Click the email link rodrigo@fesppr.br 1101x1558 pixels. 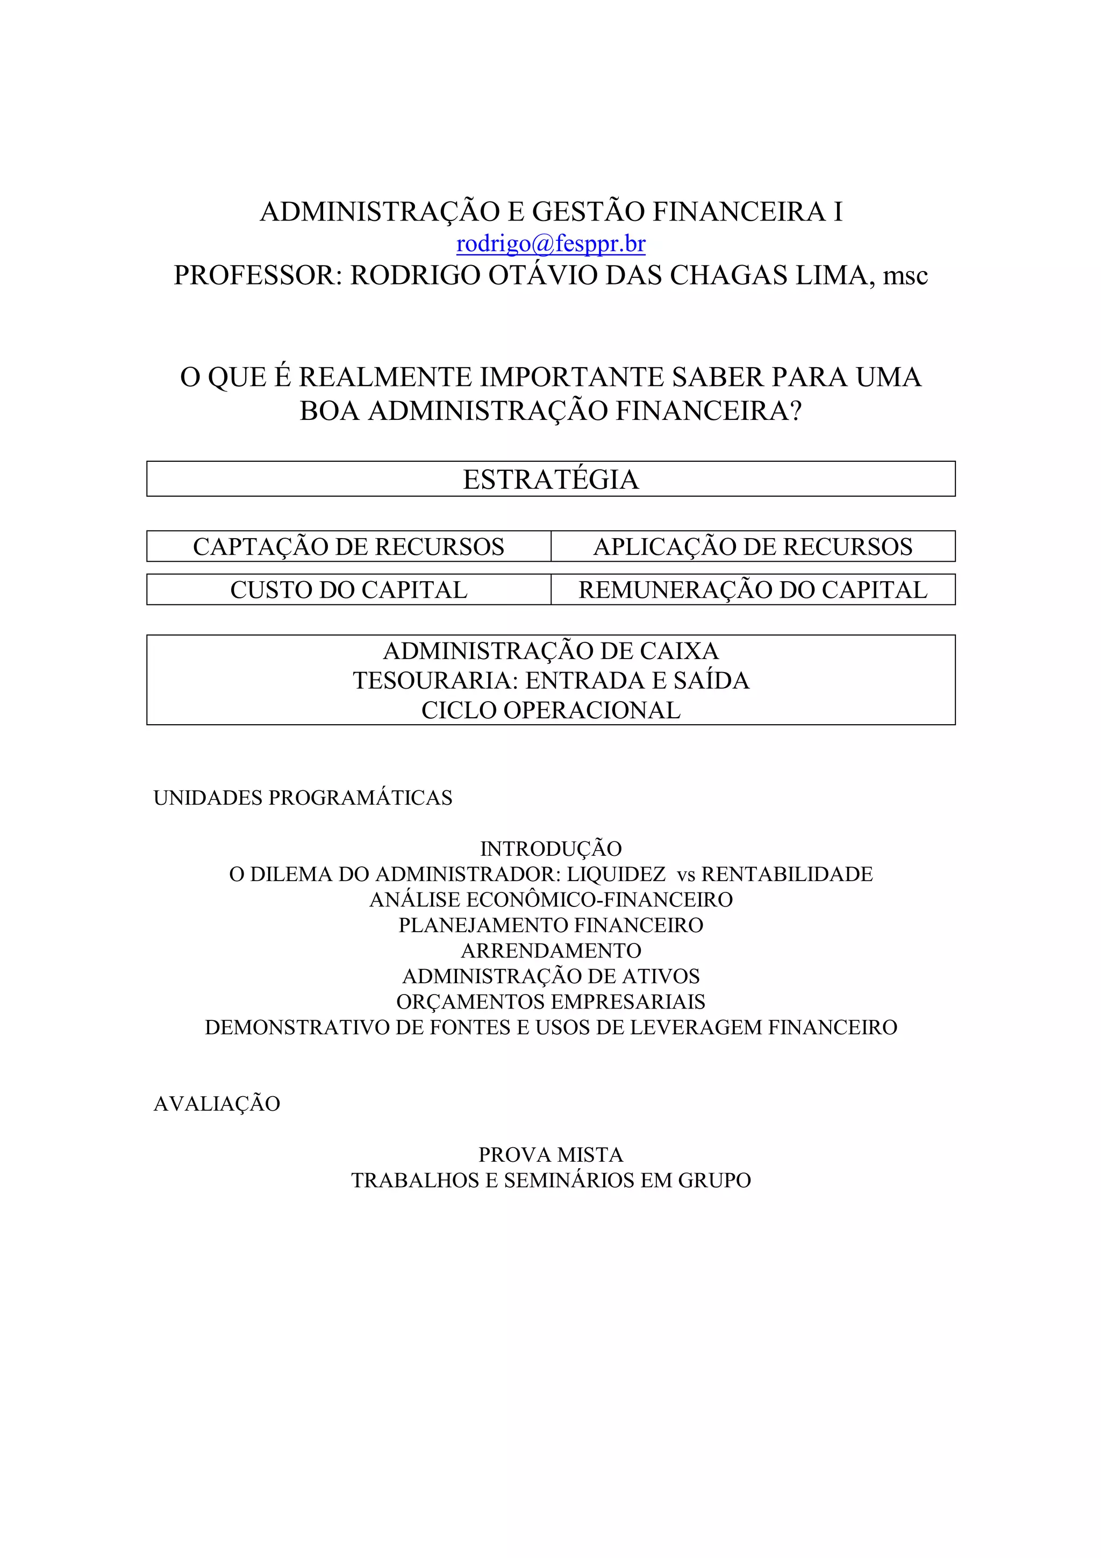click(550, 244)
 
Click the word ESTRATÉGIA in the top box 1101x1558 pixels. click(550, 480)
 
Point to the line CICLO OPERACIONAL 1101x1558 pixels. click(550, 711)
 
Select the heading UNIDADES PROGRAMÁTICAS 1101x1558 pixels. click(303, 798)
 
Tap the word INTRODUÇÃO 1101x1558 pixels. click(550, 849)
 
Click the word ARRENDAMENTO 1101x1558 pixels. click(550, 950)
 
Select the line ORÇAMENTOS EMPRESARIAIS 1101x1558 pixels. click(550, 1002)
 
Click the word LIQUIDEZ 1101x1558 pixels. click(616, 875)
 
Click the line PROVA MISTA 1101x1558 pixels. click(550, 1155)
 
